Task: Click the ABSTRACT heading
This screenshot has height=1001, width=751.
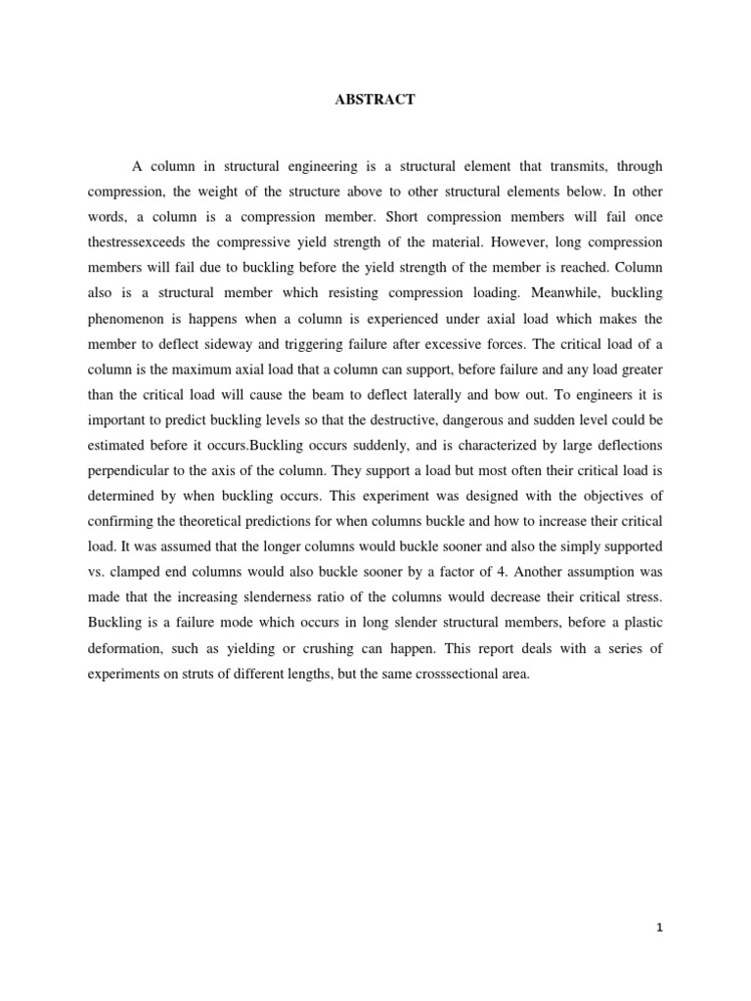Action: coord(375,100)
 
